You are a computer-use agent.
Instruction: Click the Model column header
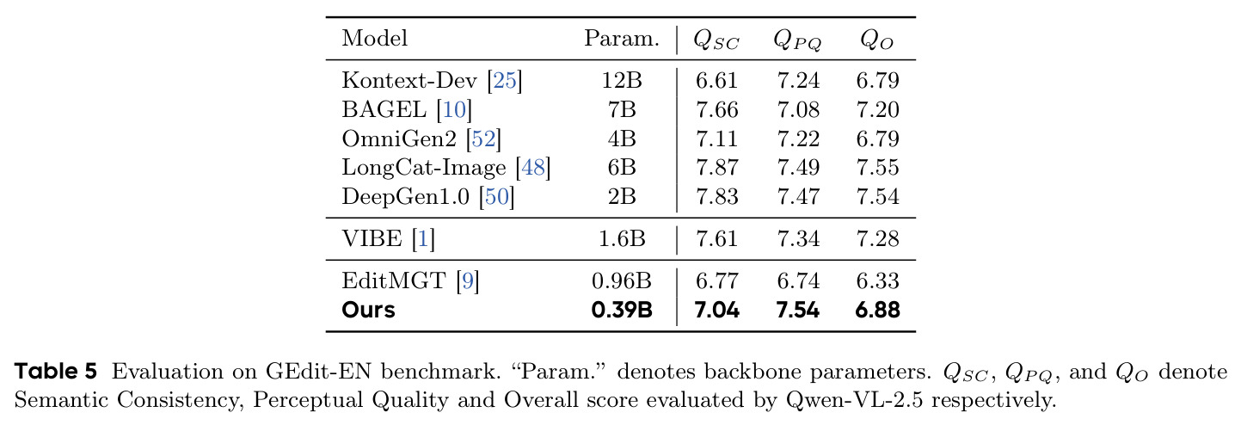(374, 38)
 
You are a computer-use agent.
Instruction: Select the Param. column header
(622, 38)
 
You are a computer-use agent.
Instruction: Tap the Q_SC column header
(716, 40)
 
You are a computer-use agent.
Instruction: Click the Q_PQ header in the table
(797, 40)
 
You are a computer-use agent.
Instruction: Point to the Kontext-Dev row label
(409, 80)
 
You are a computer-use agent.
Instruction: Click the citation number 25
(505, 80)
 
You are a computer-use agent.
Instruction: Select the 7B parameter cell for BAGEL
(622, 110)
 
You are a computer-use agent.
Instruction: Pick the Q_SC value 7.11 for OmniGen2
(717, 139)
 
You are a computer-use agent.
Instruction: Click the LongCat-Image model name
(424, 168)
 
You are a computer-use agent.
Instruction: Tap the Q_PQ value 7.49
(798, 168)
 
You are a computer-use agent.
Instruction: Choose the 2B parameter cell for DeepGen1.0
(622, 197)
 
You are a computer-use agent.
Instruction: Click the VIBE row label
(372, 239)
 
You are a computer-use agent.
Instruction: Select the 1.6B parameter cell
(622, 239)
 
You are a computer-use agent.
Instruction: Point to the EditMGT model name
(394, 281)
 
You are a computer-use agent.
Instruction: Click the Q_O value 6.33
(877, 281)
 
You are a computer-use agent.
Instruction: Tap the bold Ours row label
(368, 310)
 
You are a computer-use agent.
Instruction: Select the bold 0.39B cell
(622, 310)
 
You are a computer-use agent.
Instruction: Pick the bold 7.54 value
(798, 310)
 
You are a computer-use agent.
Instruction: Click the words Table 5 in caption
(55, 372)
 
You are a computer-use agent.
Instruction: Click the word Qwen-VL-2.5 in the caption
(854, 400)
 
